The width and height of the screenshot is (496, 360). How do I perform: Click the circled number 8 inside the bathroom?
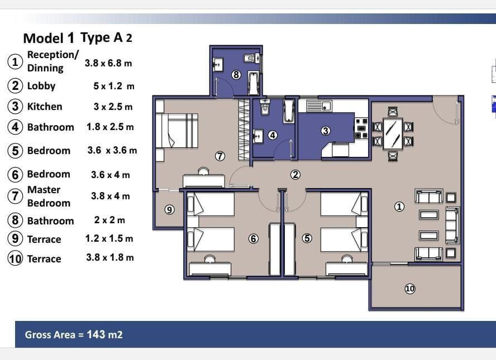click(236, 75)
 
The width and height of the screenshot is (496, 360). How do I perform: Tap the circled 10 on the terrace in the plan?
click(410, 289)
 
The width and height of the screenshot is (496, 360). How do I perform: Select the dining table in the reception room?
click(393, 134)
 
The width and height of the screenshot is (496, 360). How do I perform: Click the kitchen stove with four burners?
click(361, 128)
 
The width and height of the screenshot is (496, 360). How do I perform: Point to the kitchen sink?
click(318, 105)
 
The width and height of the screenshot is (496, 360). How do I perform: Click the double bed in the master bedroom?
click(177, 131)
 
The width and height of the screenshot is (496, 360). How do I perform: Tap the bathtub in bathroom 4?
click(289, 111)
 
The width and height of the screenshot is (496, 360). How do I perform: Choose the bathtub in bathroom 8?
click(254, 83)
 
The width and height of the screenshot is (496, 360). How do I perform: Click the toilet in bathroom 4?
click(265, 107)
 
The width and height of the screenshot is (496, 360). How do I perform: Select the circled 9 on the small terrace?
click(170, 210)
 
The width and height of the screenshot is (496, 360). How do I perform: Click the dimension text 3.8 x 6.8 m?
click(108, 63)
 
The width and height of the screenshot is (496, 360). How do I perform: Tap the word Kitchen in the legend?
click(45, 107)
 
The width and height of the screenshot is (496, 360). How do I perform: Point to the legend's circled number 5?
click(15, 151)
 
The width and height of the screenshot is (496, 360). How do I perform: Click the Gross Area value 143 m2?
click(104, 334)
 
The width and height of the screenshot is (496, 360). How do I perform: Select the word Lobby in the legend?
click(41, 86)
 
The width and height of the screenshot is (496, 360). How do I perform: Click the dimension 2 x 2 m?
click(109, 220)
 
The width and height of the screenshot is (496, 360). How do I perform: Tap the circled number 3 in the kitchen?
click(326, 131)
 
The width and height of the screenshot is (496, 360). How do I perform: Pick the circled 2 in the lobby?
click(295, 175)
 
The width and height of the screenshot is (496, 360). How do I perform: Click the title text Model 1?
click(49, 39)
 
